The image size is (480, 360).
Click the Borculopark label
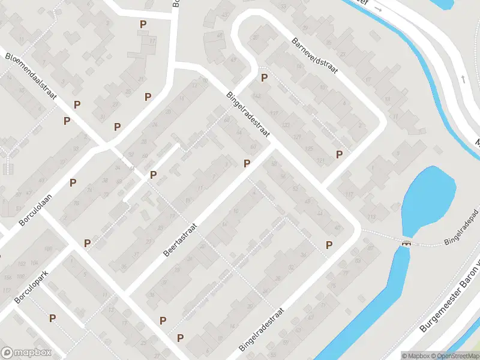pyautogui.click(x=31, y=284)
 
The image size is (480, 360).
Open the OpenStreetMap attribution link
pyautogui.click(x=455, y=356)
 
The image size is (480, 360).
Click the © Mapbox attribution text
pyautogui.click(x=416, y=356)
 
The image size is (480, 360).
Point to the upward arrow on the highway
pyautogui.click(x=463, y=79)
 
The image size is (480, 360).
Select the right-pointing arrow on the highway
pyautogui.click(x=377, y=9)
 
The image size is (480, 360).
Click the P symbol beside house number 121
pyautogui.click(x=340, y=154)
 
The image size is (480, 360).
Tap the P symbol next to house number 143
pyautogui.click(x=263, y=78)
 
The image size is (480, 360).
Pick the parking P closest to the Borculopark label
pyautogui.click(x=53, y=318)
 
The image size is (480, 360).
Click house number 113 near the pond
pyautogui.click(x=371, y=217)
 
